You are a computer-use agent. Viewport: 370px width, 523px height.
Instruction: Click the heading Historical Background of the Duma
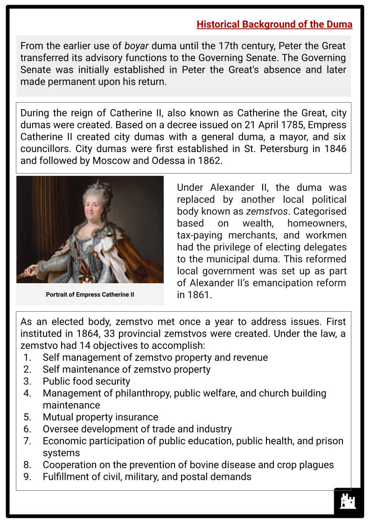tap(274, 24)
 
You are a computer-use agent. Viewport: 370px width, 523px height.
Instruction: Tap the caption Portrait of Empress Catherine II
tap(90, 294)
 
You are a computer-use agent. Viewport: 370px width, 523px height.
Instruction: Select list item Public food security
tap(86, 381)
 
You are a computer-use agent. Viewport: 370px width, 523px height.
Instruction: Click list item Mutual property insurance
tap(100, 417)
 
